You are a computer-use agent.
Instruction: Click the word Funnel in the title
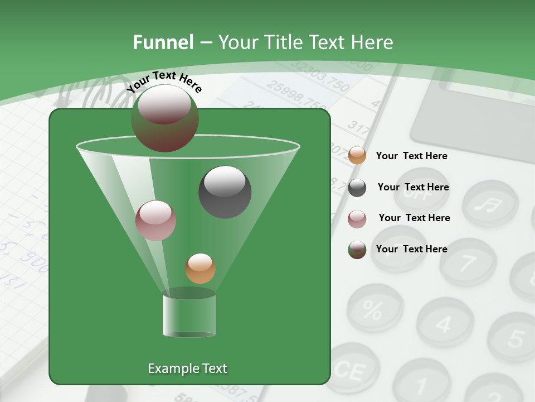click(x=163, y=42)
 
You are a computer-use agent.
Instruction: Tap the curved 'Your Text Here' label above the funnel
click(x=164, y=82)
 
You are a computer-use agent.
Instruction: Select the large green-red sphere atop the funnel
click(x=165, y=118)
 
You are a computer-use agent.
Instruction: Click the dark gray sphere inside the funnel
click(x=225, y=192)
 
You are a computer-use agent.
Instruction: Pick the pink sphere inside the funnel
click(x=155, y=220)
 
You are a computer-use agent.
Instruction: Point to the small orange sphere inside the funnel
click(x=200, y=269)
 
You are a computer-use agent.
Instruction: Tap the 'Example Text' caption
click(x=187, y=368)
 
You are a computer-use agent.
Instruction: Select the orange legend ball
click(x=357, y=156)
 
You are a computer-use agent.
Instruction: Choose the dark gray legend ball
click(x=357, y=188)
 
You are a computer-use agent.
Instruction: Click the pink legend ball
click(x=357, y=218)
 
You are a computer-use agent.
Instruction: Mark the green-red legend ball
click(x=357, y=250)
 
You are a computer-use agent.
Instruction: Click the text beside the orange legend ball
click(x=411, y=156)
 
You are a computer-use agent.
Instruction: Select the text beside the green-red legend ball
click(x=411, y=249)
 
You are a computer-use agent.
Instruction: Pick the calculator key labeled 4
click(x=444, y=323)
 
